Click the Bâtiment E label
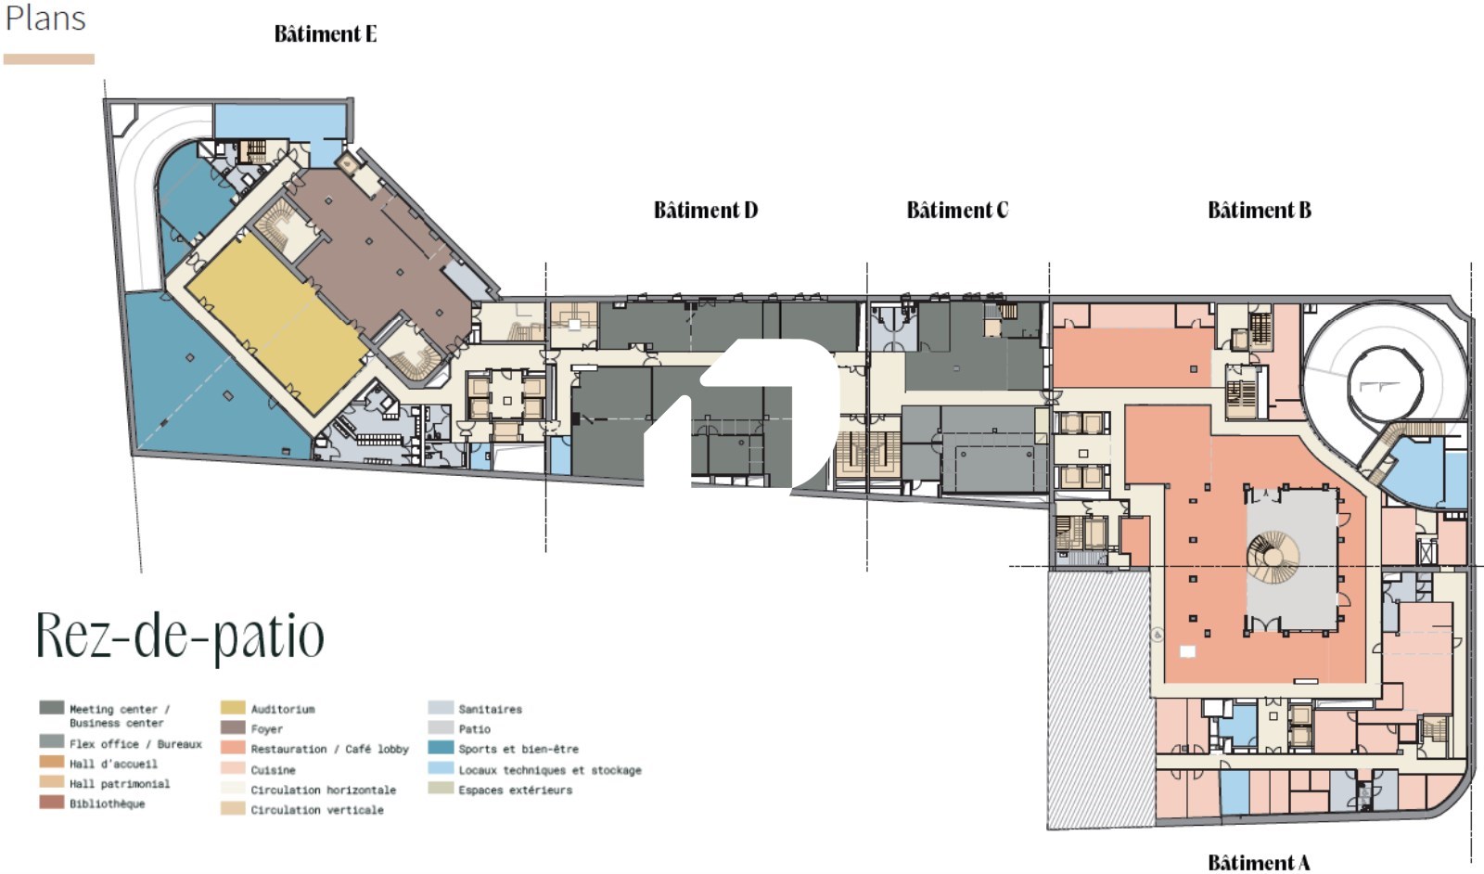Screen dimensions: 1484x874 (x=326, y=33)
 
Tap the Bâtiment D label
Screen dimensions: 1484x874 (x=706, y=210)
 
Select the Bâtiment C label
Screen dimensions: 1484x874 (x=957, y=210)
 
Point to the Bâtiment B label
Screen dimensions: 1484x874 (x=1260, y=210)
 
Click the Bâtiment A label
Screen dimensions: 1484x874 (x=1259, y=863)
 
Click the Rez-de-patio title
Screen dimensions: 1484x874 (x=180, y=636)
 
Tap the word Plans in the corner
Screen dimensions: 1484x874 (x=45, y=19)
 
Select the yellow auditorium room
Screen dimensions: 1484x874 (x=277, y=324)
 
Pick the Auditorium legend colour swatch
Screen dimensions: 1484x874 (x=233, y=708)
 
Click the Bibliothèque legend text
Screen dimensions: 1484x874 (x=108, y=803)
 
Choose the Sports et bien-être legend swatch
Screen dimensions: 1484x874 (x=441, y=748)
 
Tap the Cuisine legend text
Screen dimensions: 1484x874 (x=273, y=770)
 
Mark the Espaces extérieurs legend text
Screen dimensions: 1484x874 (x=516, y=790)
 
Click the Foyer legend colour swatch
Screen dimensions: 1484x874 (x=233, y=727)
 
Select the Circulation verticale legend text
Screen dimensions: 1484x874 (x=317, y=810)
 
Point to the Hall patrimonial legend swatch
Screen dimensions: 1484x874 (x=52, y=782)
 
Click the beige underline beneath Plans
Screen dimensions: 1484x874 (x=49, y=59)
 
